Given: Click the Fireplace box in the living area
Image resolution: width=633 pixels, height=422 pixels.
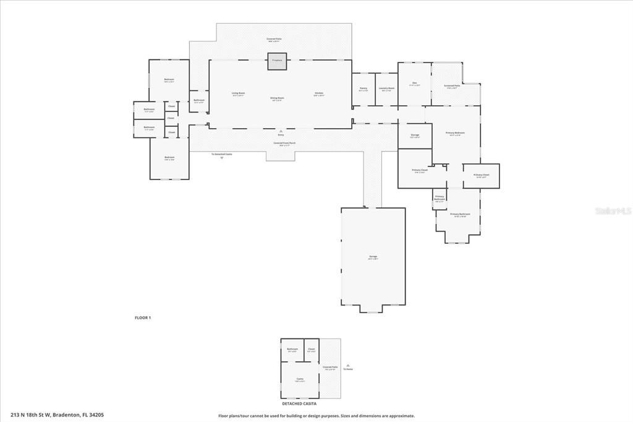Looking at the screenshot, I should tap(276, 61).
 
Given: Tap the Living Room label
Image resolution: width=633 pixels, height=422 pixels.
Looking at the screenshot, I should tap(238, 94).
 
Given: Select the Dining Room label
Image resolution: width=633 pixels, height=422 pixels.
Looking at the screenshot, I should tap(278, 98).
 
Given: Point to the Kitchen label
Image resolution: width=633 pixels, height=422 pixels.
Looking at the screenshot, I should tap(318, 94).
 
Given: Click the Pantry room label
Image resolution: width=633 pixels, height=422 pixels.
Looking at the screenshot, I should tap(363, 88).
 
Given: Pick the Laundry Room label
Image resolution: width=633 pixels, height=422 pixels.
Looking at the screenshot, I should tap(387, 88).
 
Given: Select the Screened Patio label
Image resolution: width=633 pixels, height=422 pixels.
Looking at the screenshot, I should tap(452, 86).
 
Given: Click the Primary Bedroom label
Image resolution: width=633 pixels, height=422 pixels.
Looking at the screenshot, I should tap(455, 133).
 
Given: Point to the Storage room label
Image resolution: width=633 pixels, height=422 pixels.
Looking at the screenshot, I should tap(415, 136).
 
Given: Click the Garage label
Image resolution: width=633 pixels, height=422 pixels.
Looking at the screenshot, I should tap(373, 257).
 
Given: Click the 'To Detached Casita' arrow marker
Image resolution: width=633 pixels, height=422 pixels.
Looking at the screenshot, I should tap(221, 157).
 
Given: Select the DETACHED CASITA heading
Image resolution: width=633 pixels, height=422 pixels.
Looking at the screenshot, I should tap(295, 403).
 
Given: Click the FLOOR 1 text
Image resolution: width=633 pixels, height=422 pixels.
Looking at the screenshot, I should tap(143, 317).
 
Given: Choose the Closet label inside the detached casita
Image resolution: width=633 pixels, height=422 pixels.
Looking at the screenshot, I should tap(312, 350).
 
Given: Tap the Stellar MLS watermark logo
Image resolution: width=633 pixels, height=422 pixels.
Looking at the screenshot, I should tap(613, 211).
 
